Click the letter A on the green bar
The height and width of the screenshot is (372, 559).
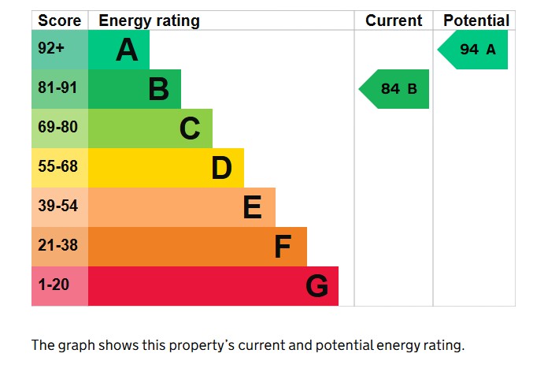(x=127, y=50)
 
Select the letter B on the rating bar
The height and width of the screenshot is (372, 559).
(x=158, y=90)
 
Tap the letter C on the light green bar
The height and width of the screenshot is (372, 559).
(x=190, y=128)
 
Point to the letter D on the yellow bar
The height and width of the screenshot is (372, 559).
(x=221, y=168)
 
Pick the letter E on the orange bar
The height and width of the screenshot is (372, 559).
(x=252, y=207)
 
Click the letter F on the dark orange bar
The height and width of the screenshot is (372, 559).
(x=283, y=247)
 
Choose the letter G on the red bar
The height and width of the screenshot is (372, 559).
(x=317, y=286)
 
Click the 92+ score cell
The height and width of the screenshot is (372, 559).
(x=51, y=49)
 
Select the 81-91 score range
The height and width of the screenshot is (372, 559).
(x=58, y=88)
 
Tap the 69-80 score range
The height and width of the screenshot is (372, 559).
(x=58, y=128)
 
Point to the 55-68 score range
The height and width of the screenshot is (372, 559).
(x=58, y=167)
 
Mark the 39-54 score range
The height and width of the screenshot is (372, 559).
(x=58, y=206)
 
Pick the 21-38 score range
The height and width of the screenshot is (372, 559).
(x=58, y=246)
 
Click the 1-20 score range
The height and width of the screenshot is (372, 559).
(x=54, y=285)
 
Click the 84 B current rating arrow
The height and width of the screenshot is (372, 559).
(x=395, y=89)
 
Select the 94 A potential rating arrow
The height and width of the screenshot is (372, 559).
(x=474, y=50)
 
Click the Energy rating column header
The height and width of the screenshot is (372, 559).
(x=149, y=20)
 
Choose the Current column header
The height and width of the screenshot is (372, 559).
(x=394, y=20)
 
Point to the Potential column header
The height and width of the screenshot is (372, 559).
(x=476, y=20)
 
